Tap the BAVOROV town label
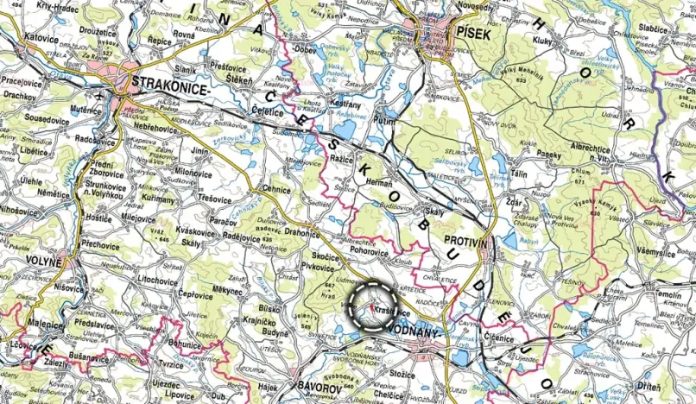(x=319, y=388)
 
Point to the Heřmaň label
(x=380, y=185)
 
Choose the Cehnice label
(x=276, y=188)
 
